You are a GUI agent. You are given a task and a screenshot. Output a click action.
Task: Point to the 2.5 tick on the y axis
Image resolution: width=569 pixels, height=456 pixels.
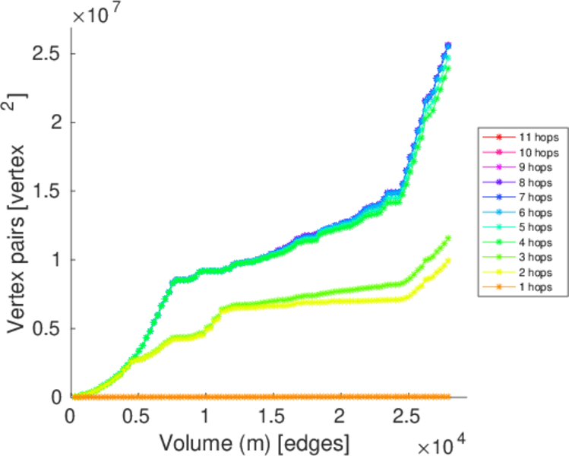pyautogui.click(x=46, y=54)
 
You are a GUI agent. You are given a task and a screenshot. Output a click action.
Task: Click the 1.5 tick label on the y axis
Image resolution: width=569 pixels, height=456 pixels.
pyautogui.click(x=46, y=191)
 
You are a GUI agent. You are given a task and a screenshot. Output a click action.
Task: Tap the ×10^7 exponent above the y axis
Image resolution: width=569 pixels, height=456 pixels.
pyautogui.click(x=97, y=13)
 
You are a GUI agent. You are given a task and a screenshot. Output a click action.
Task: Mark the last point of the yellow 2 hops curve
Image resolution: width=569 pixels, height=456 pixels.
pyautogui.click(x=448, y=260)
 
